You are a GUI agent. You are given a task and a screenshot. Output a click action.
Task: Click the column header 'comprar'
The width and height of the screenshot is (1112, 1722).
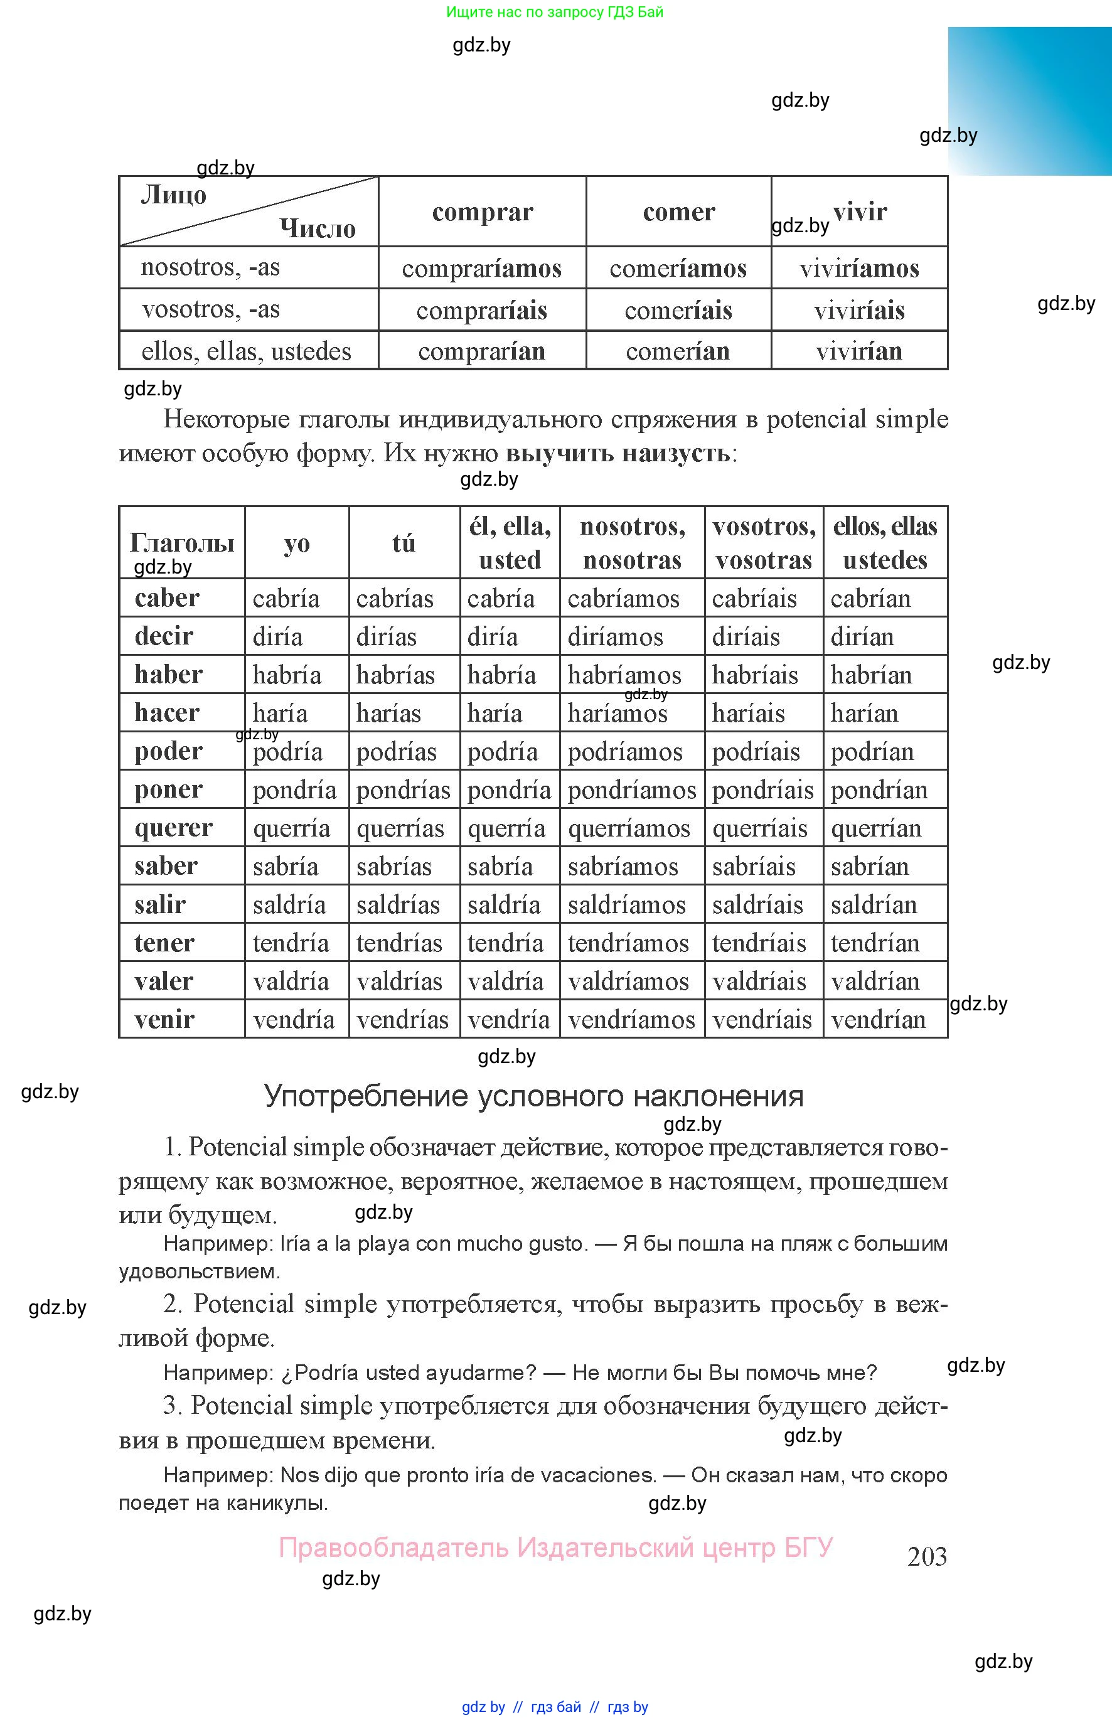point(483,212)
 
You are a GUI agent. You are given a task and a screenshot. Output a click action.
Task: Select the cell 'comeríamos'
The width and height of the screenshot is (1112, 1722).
point(678,269)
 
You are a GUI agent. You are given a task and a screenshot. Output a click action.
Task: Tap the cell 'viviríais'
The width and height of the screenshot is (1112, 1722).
point(859,311)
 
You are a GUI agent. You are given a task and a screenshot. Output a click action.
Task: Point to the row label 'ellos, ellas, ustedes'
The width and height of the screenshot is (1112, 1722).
point(246,351)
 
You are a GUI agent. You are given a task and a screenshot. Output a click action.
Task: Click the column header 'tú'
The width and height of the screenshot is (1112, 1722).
point(404,543)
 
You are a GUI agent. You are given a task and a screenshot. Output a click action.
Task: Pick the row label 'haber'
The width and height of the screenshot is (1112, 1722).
point(168,675)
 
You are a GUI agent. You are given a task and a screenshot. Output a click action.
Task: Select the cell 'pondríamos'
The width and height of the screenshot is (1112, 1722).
point(632,790)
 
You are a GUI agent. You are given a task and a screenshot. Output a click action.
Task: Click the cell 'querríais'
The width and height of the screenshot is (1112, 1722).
point(759,828)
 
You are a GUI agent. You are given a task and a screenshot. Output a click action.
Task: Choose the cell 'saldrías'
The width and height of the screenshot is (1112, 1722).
point(398,905)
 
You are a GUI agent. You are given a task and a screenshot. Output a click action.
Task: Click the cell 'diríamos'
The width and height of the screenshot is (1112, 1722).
point(615,637)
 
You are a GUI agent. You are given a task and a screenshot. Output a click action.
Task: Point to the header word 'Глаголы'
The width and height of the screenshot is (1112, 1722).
point(182,543)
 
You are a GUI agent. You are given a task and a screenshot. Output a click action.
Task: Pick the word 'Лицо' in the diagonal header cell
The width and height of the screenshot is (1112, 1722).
point(173,195)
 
